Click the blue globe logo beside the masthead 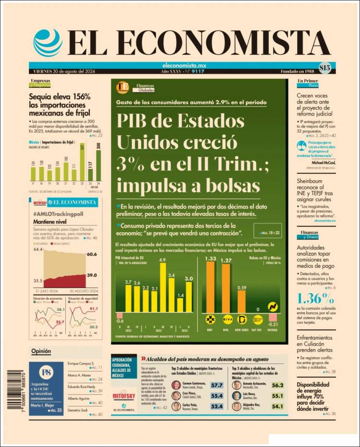pos(48,42)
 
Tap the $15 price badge pos(324,68)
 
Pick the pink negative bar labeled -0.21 pos(273,317)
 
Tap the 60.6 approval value pos(92,254)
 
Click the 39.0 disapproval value pos(92,275)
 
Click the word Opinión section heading pos(41,351)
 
